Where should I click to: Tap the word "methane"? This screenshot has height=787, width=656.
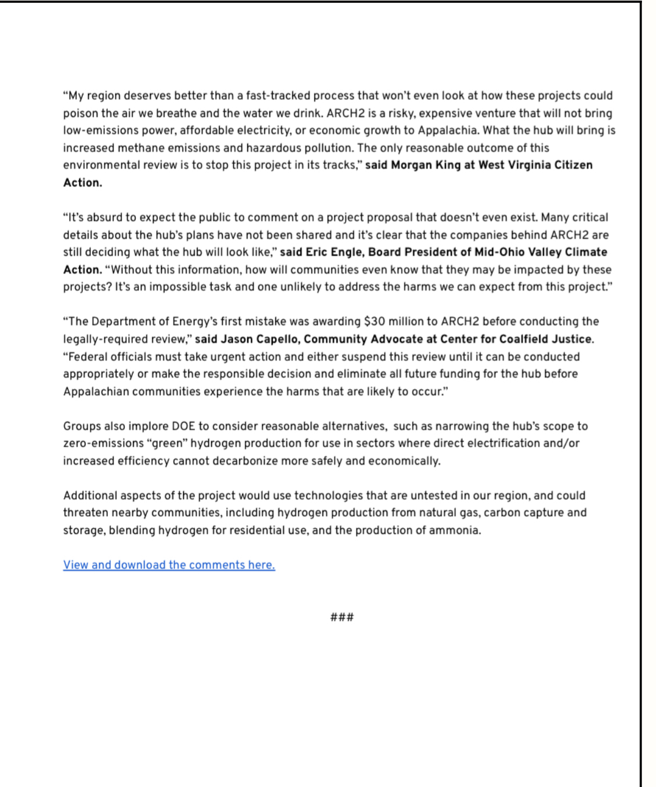coord(142,148)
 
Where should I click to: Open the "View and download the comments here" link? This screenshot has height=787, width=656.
coord(169,565)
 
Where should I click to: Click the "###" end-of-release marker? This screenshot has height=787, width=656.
coord(342,617)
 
